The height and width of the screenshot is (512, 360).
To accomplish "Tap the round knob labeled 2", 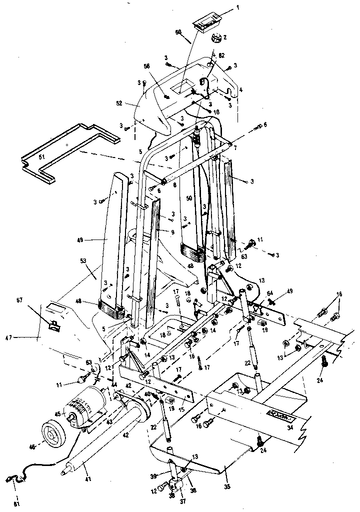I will click(x=217, y=38).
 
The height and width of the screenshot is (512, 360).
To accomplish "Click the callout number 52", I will click(x=119, y=103).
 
